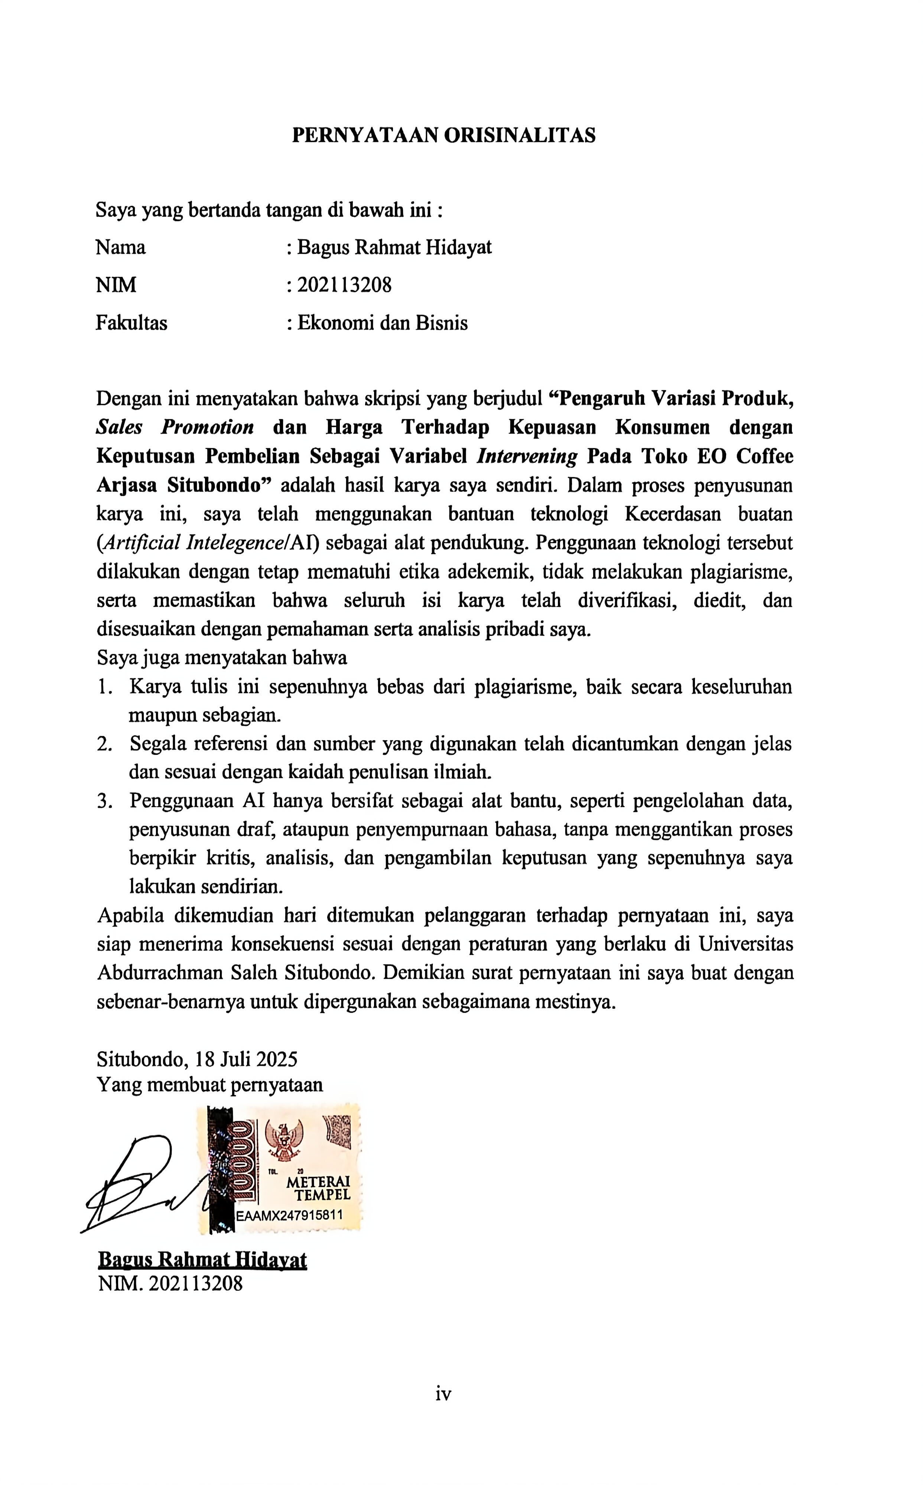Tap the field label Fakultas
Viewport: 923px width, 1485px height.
pos(131,323)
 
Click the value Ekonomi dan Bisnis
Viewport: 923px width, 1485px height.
pos(382,323)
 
